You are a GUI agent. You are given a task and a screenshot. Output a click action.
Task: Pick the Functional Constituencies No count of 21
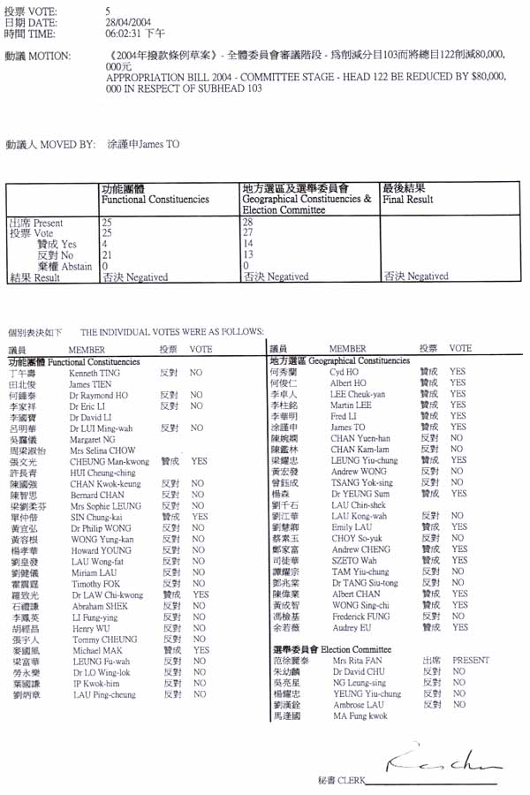[107, 254]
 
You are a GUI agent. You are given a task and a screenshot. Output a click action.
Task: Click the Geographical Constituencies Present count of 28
[247, 223]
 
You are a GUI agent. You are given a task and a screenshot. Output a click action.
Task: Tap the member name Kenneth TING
[88, 374]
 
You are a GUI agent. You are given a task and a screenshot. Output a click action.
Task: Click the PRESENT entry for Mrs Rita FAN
[470, 660]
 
